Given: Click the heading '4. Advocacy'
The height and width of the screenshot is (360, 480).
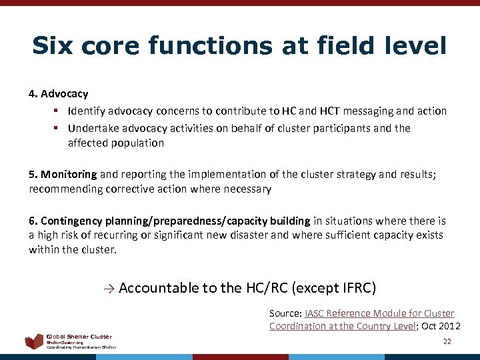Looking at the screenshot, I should coord(59,94).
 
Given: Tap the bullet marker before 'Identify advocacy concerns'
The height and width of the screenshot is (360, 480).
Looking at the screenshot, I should coord(57,111).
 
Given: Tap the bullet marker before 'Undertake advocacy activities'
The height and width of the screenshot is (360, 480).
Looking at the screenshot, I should coord(57,128).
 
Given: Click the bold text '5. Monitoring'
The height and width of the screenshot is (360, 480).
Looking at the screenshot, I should coord(63,175).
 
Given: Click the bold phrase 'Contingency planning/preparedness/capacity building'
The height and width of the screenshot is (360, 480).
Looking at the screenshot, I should coord(175,221).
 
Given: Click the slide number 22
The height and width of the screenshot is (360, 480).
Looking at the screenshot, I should coord(447,341).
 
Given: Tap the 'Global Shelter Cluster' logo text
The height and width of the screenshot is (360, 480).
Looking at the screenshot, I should coord(79,337).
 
